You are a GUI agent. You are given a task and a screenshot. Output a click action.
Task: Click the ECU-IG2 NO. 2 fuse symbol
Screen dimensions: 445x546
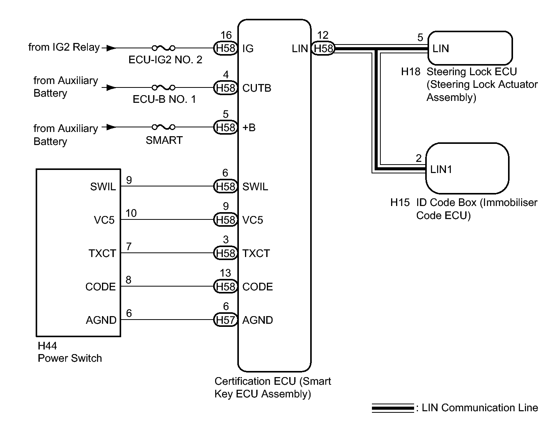tap(164, 48)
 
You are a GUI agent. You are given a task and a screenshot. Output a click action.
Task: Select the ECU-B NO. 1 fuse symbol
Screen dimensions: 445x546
tap(164, 87)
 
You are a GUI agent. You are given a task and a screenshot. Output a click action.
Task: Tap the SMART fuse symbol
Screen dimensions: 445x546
tap(164, 127)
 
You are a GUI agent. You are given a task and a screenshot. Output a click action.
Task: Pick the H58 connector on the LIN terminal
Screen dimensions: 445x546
tap(323, 48)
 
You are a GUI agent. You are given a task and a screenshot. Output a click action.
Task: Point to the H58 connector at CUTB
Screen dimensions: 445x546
tap(225, 88)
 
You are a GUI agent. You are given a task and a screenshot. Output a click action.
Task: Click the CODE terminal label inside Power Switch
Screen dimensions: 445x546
tap(100, 287)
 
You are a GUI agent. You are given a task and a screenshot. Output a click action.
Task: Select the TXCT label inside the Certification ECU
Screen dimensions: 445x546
tap(256, 253)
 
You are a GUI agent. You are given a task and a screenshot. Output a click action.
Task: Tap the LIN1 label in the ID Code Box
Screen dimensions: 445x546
tap(441, 169)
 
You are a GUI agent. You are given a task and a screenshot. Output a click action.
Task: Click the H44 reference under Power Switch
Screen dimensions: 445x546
tap(47, 346)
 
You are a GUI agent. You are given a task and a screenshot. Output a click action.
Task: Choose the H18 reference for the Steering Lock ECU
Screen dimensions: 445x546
tap(411, 72)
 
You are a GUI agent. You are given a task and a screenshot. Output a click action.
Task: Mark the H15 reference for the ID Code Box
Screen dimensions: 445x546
tap(400, 203)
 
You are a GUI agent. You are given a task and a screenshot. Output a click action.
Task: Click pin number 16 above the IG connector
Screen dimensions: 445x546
tap(226, 35)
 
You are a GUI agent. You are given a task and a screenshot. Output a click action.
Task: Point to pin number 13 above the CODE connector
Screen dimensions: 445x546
tap(225, 273)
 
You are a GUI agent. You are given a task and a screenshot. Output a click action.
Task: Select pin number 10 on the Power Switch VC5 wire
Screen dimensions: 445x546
tap(131, 213)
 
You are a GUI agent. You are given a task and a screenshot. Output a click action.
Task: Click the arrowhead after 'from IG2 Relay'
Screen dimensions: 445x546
tap(110, 48)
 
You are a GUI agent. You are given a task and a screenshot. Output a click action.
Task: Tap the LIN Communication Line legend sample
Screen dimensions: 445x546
tap(393, 408)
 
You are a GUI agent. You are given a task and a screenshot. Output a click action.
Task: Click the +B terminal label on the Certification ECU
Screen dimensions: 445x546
tap(249, 127)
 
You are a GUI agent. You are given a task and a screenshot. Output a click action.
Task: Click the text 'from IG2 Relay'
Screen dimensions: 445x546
tap(64, 47)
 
